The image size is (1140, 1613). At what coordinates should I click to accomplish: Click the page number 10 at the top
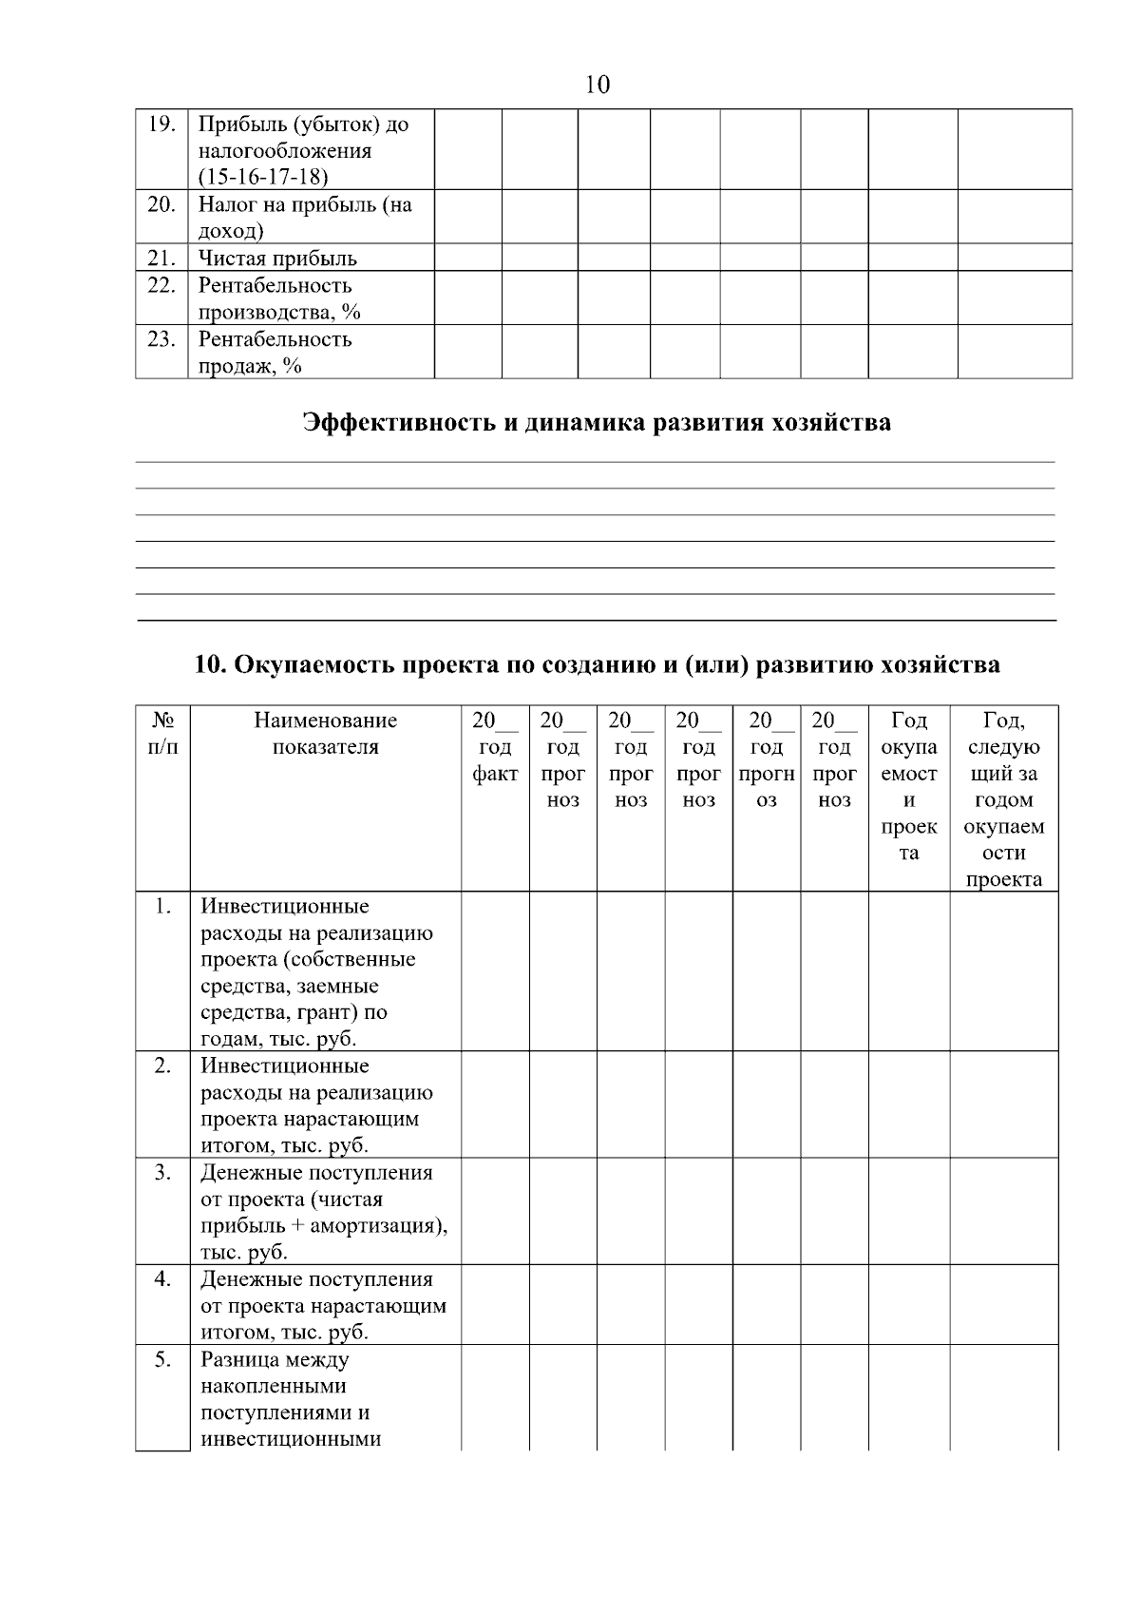pyautogui.click(x=598, y=86)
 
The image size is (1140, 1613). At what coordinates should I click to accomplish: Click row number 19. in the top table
pyautogui.click(x=162, y=125)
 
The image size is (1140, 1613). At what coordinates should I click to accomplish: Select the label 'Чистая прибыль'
pyautogui.click(x=277, y=259)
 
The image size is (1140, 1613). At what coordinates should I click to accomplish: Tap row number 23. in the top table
pyautogui.click(x=162, y=339)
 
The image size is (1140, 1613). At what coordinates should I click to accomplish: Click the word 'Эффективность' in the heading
pyautogui.click(x=398, y=422)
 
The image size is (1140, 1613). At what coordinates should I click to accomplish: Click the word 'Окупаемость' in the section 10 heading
pyautogui.click(x=312, y=664)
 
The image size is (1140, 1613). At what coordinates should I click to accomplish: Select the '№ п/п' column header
pyautogui.click(x=162, y=733)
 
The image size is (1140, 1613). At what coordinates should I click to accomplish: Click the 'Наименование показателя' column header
pyautogui.click(x=326, y=733)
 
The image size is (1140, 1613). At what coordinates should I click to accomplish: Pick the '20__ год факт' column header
pyautogui.click(x=495, y=747)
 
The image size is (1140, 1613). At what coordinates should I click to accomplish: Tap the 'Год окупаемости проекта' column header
pyautogui.click(x=909, y=786)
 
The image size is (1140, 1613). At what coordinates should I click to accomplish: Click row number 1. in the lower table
pyautogui.click(x=162, y=907)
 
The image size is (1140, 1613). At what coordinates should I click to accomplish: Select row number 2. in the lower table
pyautogui.click(x=162, y=1066)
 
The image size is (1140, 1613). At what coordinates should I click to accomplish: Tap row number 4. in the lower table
pyautogui.click(x=162, y=1279)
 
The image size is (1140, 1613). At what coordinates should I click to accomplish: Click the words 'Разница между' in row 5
pyautogui.click(x=275, y=1359)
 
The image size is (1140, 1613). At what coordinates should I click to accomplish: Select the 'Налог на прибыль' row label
pyautogui.click(x=304, y=205)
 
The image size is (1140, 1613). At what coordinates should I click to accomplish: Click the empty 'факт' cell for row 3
pyautogui.click(x=495, y=1211)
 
